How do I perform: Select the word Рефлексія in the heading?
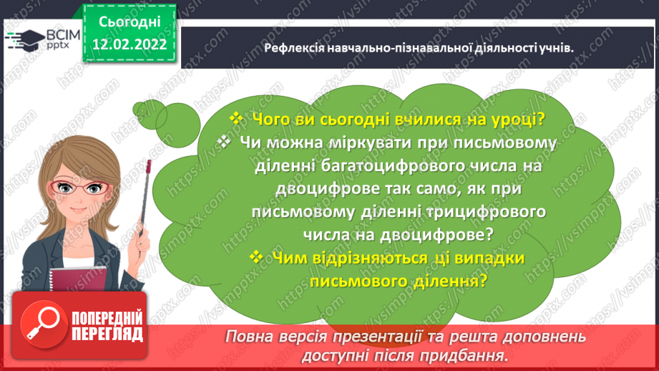point(293,47)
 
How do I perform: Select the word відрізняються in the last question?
point(366,257)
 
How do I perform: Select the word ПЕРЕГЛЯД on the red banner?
point(107,333)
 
